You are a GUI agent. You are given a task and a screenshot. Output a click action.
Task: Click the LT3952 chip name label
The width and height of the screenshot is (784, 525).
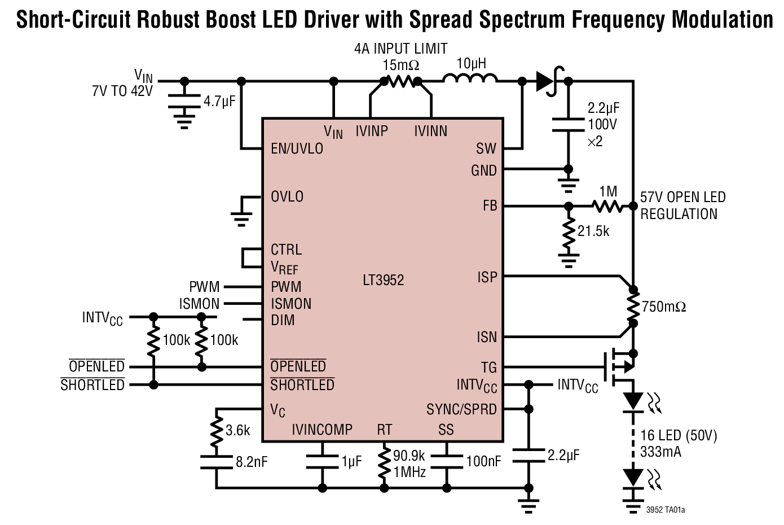(x=383, y=280)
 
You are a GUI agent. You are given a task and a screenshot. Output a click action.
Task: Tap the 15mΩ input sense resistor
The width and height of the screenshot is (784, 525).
(x=401, y=82)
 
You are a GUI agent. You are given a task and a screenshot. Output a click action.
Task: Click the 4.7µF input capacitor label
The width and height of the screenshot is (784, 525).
(x=219, y=102)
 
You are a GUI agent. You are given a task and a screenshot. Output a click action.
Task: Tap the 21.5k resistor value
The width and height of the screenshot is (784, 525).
(x=593, y=231)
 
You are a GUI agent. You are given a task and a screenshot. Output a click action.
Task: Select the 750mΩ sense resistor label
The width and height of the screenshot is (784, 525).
(x=664, y=307)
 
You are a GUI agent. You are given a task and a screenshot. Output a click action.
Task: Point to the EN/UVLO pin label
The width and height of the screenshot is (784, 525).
(x=297, y=148)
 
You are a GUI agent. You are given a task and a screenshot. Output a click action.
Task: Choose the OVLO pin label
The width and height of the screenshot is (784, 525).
(x=287, y=197)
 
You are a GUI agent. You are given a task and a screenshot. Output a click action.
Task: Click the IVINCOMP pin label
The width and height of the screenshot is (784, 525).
(x=322, y=430)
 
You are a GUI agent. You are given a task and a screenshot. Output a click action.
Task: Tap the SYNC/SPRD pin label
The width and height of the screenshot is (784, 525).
(x=461, y=409)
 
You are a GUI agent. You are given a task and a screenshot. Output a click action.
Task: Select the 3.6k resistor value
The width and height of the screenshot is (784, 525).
(x=237, y=430)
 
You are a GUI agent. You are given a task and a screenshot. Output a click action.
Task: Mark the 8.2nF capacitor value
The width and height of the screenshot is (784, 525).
(x=252, y=462)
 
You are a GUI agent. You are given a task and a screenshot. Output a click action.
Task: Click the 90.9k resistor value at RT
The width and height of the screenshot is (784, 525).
(x=409, y=456)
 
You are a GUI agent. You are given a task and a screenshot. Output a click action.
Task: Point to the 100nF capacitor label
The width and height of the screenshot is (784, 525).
(x=483, y=462)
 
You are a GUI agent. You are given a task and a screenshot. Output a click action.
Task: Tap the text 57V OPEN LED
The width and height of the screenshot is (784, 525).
(x=682, y=198)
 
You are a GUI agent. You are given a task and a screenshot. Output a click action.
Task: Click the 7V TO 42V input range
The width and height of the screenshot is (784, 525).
(x=122, y=91)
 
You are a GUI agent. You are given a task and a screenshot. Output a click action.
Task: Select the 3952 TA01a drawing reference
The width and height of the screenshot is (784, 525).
(x=666, y=510)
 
